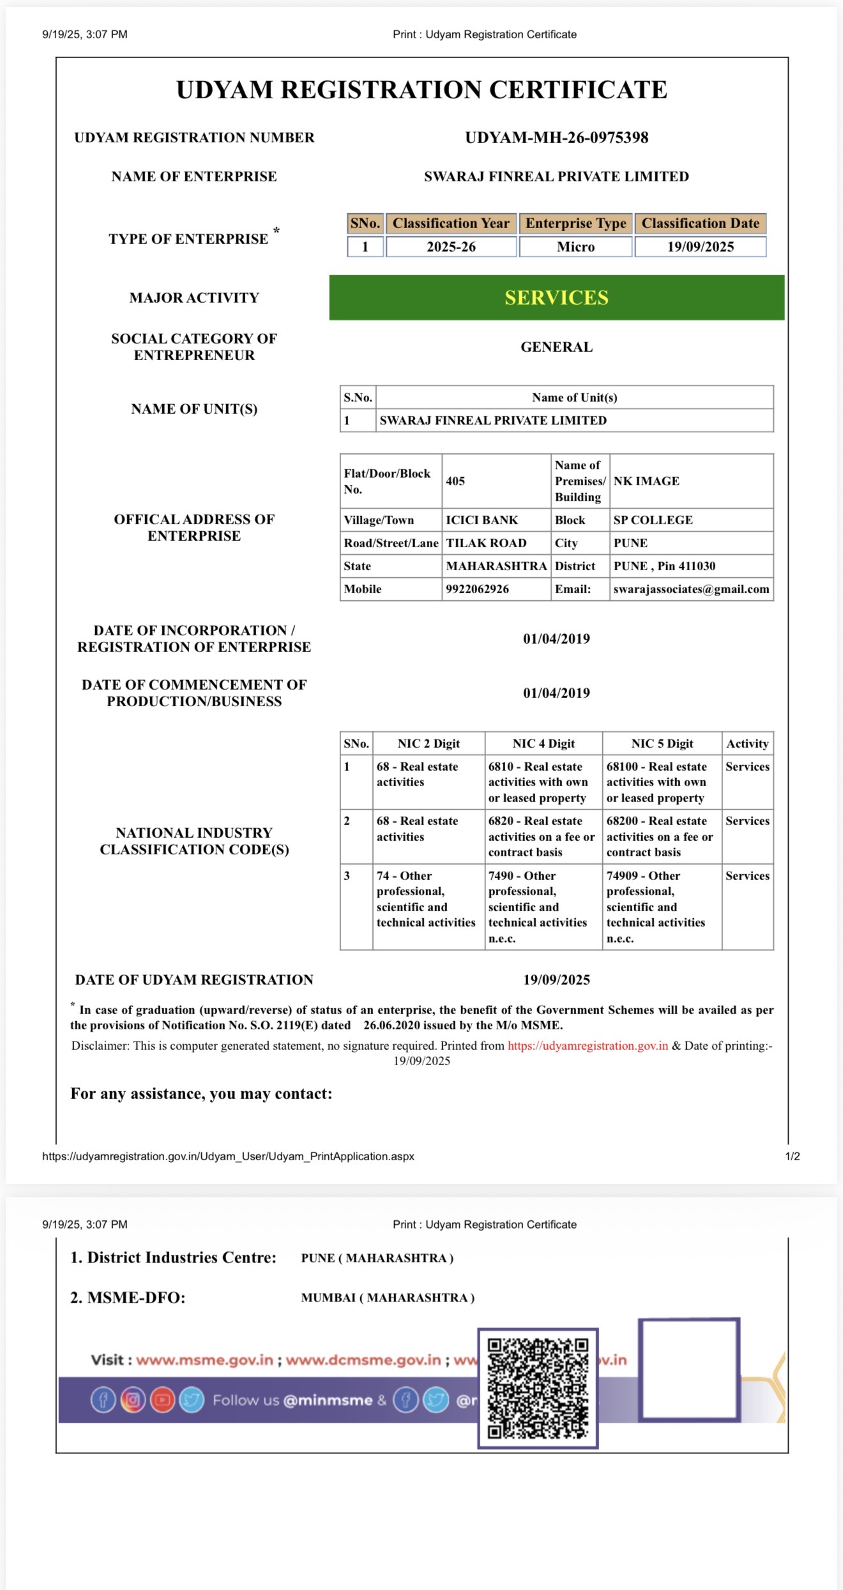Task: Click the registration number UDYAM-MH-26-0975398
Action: [556, 137]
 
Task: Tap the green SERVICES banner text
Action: [556, 298]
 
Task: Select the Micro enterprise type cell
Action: [575, 246]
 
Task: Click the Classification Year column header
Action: [451, 223]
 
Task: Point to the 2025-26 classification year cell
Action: [451, 246]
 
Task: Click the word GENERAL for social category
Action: [556, 347]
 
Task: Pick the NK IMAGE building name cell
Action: [646, 481]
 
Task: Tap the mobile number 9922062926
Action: [477, 589]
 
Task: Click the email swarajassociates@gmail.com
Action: [691, 589]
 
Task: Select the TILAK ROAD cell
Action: [486, 543]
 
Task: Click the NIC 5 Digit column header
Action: [662, 743]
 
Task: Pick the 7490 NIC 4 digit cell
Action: [538, 906]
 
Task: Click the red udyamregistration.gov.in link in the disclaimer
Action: [588, 1045]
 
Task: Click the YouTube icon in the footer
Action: [162, 1400]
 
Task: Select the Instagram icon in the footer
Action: [133, 1400]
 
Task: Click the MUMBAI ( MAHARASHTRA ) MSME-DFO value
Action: [388, 1298]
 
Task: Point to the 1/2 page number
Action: [792, 1156]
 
